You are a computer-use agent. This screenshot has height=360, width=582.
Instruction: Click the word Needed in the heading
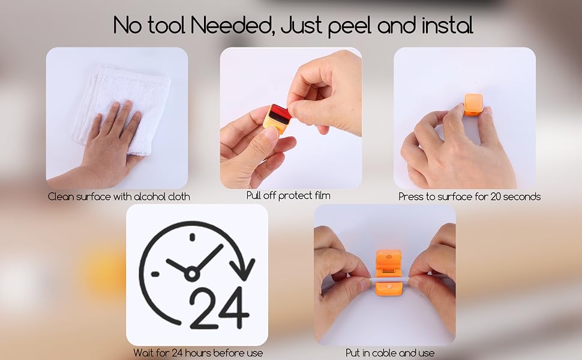(232, 25)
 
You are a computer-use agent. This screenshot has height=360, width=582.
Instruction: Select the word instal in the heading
(448, 25)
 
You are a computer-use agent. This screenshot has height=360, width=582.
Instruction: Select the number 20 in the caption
(496, 196)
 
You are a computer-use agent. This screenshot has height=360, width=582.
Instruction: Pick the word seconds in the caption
(523, 196)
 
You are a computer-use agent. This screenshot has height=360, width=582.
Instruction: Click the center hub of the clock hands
(191, 274)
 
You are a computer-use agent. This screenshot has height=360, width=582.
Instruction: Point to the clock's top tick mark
(192, 237)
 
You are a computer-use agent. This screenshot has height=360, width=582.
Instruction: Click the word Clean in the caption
(61, 196)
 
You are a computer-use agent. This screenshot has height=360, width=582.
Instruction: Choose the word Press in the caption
(410, 196)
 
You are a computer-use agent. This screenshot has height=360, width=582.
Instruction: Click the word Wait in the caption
(143, 353)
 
